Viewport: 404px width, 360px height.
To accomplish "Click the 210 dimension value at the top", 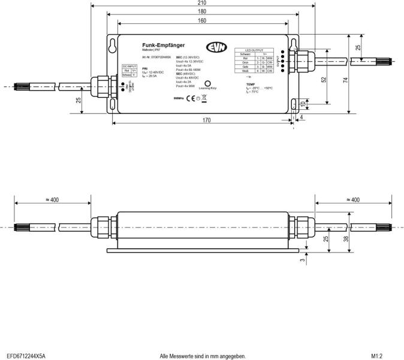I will click(201, 3).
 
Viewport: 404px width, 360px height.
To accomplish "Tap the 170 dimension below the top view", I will click(206, 120).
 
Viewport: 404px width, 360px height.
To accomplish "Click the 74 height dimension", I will click(346, 79).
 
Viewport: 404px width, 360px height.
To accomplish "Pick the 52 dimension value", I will click(324, 79).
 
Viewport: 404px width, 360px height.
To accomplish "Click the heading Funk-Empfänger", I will click(163, 45).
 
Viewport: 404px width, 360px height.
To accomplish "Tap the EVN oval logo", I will click(216, 47).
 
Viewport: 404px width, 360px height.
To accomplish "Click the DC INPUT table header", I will click(129, 65).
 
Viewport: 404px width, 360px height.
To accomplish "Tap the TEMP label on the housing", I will click(251, 84).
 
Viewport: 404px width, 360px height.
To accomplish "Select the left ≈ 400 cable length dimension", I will click(52, 200).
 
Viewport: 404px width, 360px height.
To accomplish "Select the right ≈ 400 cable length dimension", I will click(352, 200).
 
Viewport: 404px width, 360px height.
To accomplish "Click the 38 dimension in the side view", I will click(346, 238).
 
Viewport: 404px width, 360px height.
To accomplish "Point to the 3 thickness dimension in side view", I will click(303, 259).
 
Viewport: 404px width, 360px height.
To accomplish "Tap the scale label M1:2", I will click(377, 355).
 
